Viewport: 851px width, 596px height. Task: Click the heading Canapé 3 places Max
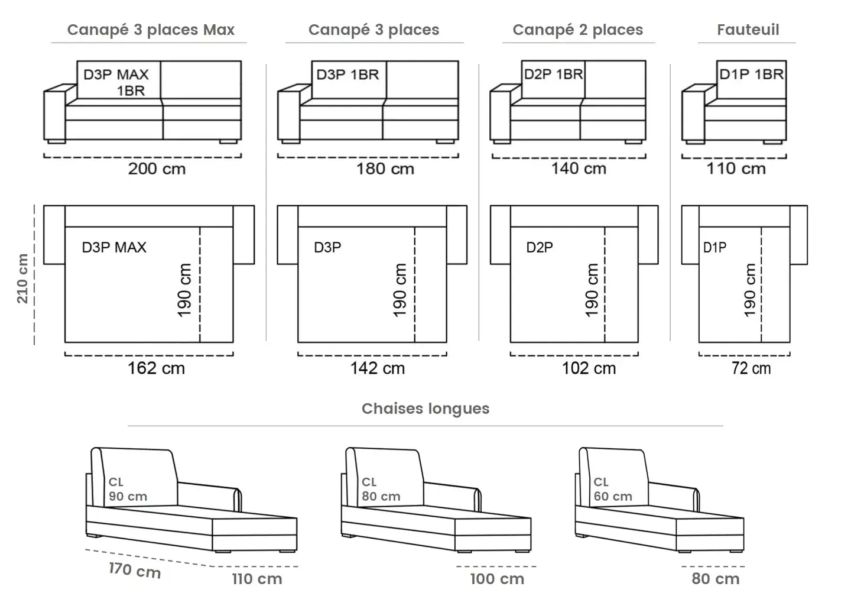pos(151,30)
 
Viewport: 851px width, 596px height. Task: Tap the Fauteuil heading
pos(748,30)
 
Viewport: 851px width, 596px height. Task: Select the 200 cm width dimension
pos(157,169)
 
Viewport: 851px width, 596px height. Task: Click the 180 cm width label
pos(385,169)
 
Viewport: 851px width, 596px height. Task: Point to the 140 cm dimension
pos(579,169)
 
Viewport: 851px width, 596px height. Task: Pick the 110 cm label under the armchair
pos(736,169)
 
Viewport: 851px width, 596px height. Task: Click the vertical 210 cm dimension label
pos(22,278)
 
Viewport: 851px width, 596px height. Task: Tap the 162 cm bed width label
pos(156,368)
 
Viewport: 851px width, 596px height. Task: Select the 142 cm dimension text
pos(377,368)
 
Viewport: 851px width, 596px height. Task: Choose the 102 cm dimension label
pos(589,368)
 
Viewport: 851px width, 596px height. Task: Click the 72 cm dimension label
pos(751,368)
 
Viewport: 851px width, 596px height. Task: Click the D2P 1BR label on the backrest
pos(553,74)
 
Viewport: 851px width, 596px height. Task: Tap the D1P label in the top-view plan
pos(714,248)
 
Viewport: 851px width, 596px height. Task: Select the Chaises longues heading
pos(425,409)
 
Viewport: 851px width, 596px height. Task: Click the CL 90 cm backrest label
pos(127,490)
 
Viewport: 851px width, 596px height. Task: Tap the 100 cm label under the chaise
pos(497,579)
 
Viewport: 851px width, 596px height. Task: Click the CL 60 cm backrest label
pos(613,490)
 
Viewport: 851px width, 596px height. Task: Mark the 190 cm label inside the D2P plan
pos(592,290)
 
